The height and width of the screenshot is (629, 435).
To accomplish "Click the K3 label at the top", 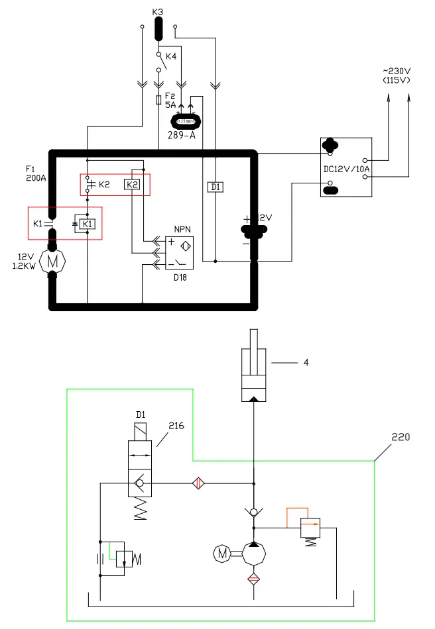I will tap(157, 11).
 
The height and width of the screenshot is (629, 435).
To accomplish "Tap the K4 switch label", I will tap(171, 57).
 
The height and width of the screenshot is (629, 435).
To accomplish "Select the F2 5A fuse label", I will tap(170, 100).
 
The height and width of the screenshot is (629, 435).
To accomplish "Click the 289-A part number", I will tap(186, 134).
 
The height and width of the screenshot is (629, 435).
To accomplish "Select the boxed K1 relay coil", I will tap(88, 224).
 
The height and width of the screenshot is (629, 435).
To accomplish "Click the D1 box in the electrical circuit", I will tap(216, 187).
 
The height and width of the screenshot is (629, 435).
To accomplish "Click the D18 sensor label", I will tap(180, 277).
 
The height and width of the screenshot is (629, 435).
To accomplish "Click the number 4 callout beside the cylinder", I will tap(306, 362).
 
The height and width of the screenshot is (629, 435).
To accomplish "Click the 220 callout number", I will tap(401, 437).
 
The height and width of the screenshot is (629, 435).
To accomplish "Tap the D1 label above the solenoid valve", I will tap(140, 414).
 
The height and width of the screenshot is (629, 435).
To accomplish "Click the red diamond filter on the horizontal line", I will tap(197, 483).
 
